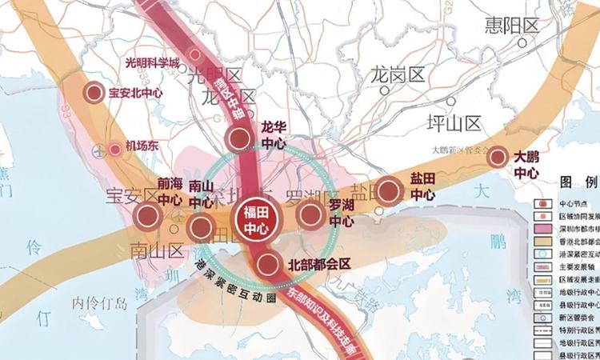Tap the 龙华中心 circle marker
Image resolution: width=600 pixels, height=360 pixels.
(x=238, y=139)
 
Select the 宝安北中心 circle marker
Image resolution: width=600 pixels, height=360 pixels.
(x=94, y=92)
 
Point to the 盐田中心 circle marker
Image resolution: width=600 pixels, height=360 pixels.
(x=389, y=190)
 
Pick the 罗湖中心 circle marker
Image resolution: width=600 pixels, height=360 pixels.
(x=310, y=214)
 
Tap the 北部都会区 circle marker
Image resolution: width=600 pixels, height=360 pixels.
(x=269, y=263)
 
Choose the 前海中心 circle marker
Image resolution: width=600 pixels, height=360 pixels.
(x=147, y=214)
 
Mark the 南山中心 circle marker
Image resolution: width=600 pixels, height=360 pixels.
(x=200, y=228)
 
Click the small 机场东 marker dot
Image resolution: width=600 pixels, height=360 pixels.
(x=114, y=147)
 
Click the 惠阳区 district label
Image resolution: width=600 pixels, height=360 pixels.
(x=512, y=27)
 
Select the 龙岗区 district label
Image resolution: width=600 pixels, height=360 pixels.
(x=397, y=76)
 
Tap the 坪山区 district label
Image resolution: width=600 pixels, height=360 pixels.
(x=454, y=122)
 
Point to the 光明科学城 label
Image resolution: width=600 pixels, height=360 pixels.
(x=154, y=62)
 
